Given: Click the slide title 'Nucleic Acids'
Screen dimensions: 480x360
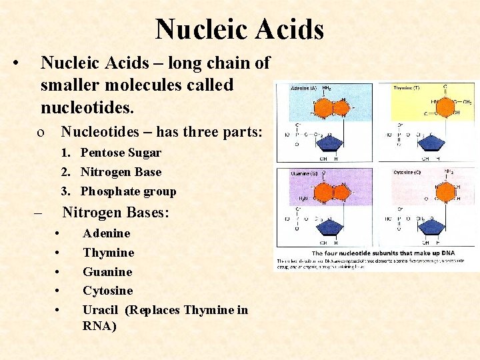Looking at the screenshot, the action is pyautogui.click(x=239, y=30).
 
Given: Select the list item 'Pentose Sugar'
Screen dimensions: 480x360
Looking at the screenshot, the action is pyautogui.click(x=121, y=153).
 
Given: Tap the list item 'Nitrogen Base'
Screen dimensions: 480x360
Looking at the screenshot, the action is pyautogui.click(x=121, y=172).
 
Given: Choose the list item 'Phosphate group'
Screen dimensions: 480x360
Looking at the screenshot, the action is pyautogui.click(x=128, y=191).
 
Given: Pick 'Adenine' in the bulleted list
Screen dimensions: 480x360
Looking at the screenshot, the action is pyautogui.click(x=106, y=233).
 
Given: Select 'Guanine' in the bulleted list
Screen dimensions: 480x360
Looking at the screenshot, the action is pyautogui.click(x=107, y=272).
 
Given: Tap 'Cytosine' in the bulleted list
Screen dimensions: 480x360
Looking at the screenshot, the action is pyautogui.click(x=107, y=291).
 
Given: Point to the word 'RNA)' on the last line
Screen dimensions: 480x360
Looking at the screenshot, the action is pyautogui.click(x=99, y=326).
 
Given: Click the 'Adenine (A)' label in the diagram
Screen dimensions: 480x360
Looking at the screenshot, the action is pyautogui.click(x=304, y=89).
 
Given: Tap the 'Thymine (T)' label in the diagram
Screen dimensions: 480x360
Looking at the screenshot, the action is pyautogui.click(x=406, y=89).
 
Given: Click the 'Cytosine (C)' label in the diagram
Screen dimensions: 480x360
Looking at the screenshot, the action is pyautogui.click(x=406, y=173).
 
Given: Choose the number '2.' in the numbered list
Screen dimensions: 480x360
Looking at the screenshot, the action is pyautogui.click(x=67, y=172).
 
